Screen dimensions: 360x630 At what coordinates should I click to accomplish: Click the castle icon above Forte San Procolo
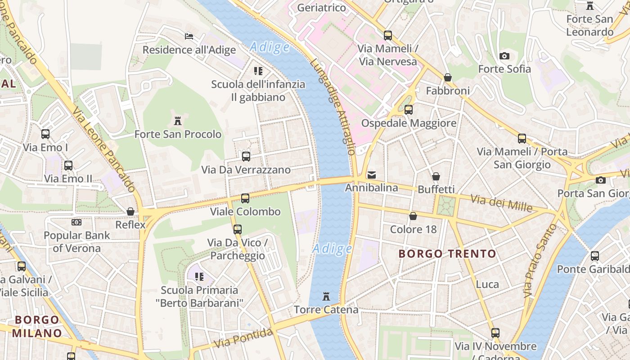coord(178,121)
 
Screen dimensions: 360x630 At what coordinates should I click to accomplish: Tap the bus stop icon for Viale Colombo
coord(245,198)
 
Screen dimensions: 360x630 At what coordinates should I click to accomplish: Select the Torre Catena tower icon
coord(326,297)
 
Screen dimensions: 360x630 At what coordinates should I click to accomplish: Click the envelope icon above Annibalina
coord(372,175)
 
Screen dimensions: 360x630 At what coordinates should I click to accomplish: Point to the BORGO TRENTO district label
coord(447,254)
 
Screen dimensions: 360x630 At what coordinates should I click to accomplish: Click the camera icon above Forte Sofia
coord(504,56)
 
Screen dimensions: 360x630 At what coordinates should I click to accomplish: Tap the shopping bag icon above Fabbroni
coord(448,77)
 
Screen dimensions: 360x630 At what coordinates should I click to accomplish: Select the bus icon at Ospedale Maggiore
coord(409,109)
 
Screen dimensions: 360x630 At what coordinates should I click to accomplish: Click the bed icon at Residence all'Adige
coord(189,36)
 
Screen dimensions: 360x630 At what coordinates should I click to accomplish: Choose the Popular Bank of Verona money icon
coord(76,222)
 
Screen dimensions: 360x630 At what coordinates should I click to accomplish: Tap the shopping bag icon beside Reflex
coord(130,211)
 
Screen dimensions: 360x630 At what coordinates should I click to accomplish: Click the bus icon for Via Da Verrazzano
coord(246,157)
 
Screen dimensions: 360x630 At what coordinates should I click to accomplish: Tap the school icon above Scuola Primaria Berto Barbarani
coord(199,276)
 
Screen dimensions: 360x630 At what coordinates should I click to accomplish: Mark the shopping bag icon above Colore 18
coord(413,216)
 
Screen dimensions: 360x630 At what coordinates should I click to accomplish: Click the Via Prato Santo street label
coord(535,261)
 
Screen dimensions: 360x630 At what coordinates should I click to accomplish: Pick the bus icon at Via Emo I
coord(45,134)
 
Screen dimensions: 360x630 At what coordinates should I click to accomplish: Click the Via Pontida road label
coord(243,338)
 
